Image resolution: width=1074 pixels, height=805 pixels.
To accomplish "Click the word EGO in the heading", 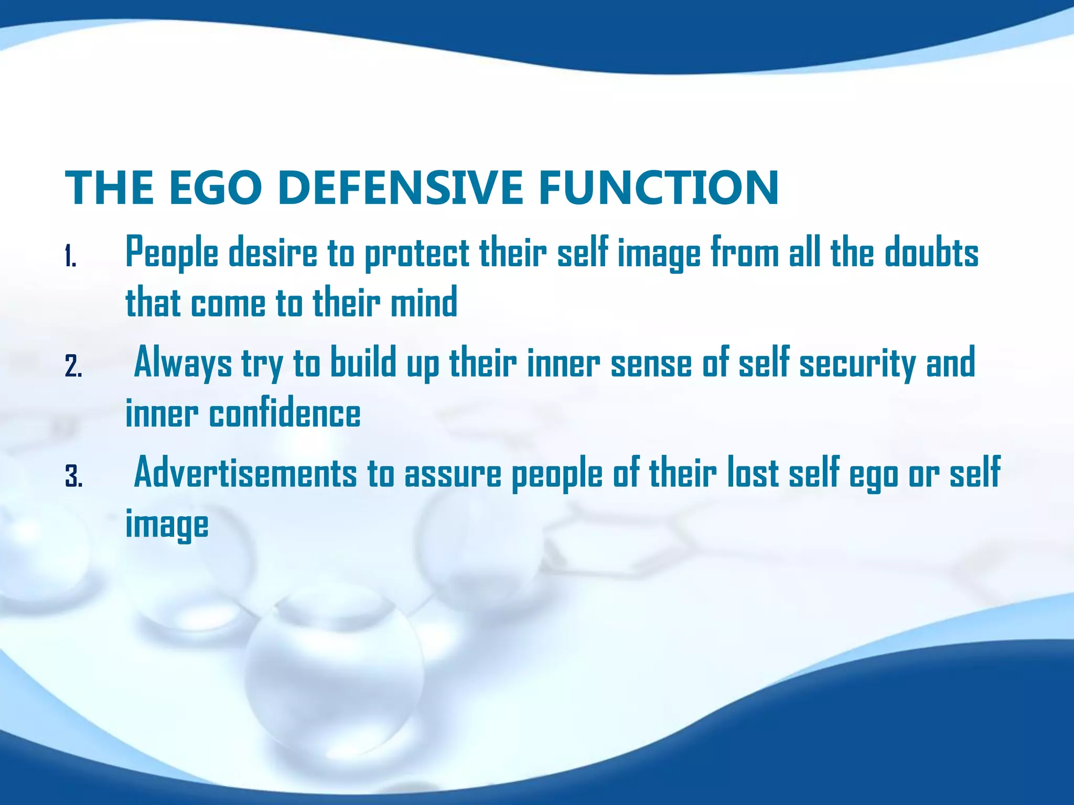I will (215, 188).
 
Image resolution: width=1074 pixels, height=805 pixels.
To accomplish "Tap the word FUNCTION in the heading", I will (658, 188).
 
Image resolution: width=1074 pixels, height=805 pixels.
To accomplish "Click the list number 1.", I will (71, 257).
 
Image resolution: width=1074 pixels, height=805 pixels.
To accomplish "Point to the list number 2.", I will (73, 366).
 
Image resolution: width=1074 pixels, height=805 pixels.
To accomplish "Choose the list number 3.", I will (73, 477).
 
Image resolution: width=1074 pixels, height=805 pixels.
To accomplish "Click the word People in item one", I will (171, 253).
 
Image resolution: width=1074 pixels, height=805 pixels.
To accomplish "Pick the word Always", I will (183, 363).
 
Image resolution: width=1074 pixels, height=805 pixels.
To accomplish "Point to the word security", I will (857, 363).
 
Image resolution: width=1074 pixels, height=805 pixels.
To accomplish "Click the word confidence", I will (285, 414).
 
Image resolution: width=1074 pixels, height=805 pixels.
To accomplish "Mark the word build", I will (363, 363).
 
